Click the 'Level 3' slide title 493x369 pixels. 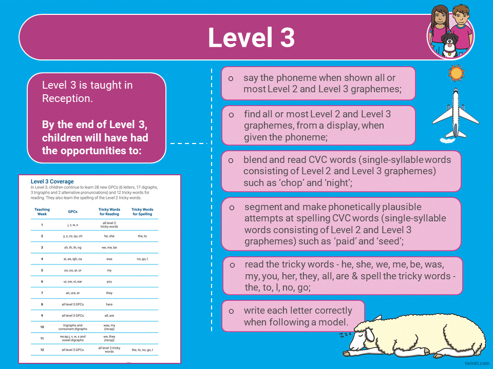click(251, 37)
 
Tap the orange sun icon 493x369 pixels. click(456, 73)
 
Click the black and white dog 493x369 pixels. click(450, 45)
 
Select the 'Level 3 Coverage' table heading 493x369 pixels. click(52, 181)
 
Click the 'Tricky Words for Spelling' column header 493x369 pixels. click(142, 212)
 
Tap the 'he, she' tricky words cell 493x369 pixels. click(109, 236)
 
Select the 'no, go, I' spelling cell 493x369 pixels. click(142, 259)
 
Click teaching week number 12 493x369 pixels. click(42, 350)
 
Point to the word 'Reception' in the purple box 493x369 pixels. click(67, 98)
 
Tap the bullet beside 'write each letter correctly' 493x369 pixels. click(231, 311)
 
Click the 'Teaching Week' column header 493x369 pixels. click(42, 212)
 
